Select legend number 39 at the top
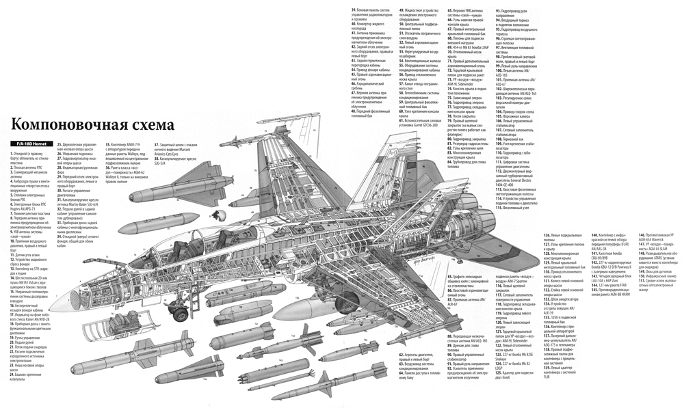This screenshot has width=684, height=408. pyautogui.click(x=354, y=10)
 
